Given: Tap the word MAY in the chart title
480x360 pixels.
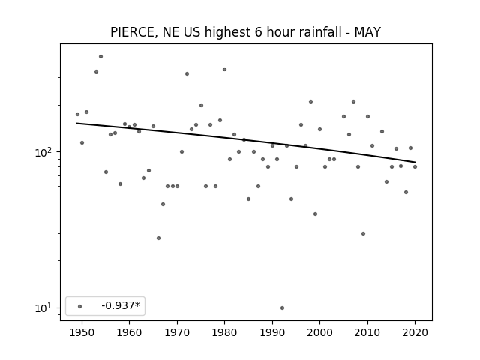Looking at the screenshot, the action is pos(367,32).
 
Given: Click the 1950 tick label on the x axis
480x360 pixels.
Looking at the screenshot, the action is pos(82,332).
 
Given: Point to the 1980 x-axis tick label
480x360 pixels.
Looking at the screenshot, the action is pos(224,332).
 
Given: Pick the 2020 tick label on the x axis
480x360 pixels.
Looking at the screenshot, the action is pos(415,332).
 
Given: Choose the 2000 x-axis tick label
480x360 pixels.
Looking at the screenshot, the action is pos(319,332).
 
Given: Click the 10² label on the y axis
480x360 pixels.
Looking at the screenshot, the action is pos(44,151).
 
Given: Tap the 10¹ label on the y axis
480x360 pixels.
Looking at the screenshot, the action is pos(44,307).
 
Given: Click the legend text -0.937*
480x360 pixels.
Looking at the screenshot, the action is pos(121,305).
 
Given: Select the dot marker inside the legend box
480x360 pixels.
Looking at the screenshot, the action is pos(80,306).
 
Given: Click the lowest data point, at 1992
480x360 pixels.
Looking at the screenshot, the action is pos(282,307).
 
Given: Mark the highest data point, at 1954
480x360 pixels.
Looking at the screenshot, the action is pos(100,57).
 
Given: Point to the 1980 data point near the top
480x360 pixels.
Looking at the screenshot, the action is pos(224,70).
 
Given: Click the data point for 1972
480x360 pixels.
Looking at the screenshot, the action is pos(187,73).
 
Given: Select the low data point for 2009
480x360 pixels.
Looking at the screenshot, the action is pos(363,233).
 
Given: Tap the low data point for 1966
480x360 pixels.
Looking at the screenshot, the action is pos(158,238).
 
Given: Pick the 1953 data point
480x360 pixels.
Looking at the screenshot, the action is pos(96,72).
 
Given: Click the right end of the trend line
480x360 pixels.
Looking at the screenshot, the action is pos(415,162).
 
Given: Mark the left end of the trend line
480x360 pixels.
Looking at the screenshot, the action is pos(76,123).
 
